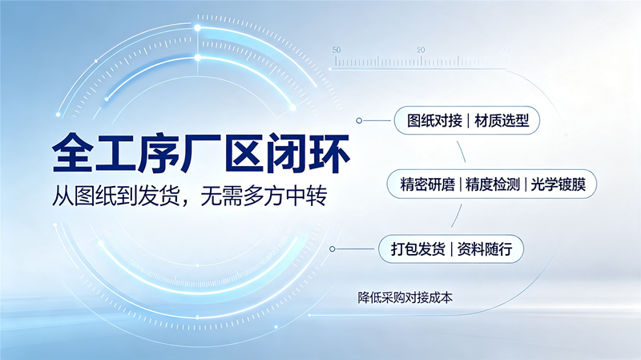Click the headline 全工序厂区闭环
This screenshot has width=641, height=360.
click(x=201, y=153)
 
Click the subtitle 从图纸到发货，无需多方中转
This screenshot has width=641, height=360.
click(x=189, y=196)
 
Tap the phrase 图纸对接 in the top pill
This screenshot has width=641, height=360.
click(x=434, y=121)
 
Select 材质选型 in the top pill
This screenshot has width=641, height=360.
click(x=502, y=121)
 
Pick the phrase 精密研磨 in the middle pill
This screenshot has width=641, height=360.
click(x=428, y=184)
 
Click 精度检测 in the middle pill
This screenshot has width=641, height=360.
click(x=493, y=184)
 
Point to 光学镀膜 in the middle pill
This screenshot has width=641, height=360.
click(x=558, y=184)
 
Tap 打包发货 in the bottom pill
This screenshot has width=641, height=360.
click(x=417, y=249)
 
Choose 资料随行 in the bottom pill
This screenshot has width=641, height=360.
click(x=485, y=249)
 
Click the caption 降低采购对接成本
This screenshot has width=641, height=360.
click(x=405, y=297)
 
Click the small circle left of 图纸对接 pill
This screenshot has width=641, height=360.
click(x=359, y=121)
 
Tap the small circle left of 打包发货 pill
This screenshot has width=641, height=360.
click(x=333, y=249)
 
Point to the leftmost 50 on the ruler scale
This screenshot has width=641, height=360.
click(x=337, y=50)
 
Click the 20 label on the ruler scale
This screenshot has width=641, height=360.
click(x=421, y=50)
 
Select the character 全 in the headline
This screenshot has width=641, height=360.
click(x=72, y=153)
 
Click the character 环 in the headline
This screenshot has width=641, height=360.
click(x=329, y=153)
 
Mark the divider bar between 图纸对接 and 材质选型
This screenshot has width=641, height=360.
click(x=469, y=121)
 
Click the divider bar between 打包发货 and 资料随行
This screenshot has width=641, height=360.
click(x=451, y=249)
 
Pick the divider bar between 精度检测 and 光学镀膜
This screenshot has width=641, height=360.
click(x=526, y=184)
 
